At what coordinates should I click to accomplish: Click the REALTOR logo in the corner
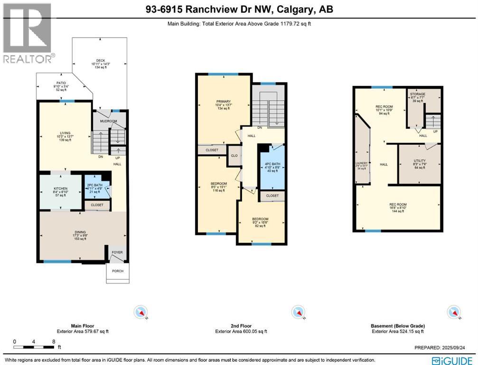pyautogui.click(x=28, y=33)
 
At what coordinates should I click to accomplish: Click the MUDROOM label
pyautogui.click(x=109, y=121)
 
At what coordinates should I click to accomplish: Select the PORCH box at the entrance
pyautogui.click(x=117, y=271)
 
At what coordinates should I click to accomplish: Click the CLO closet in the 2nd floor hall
pyautogui.click(x=234, y=155)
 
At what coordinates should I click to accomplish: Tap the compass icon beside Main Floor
pyautogui.click(x=141, y=312)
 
